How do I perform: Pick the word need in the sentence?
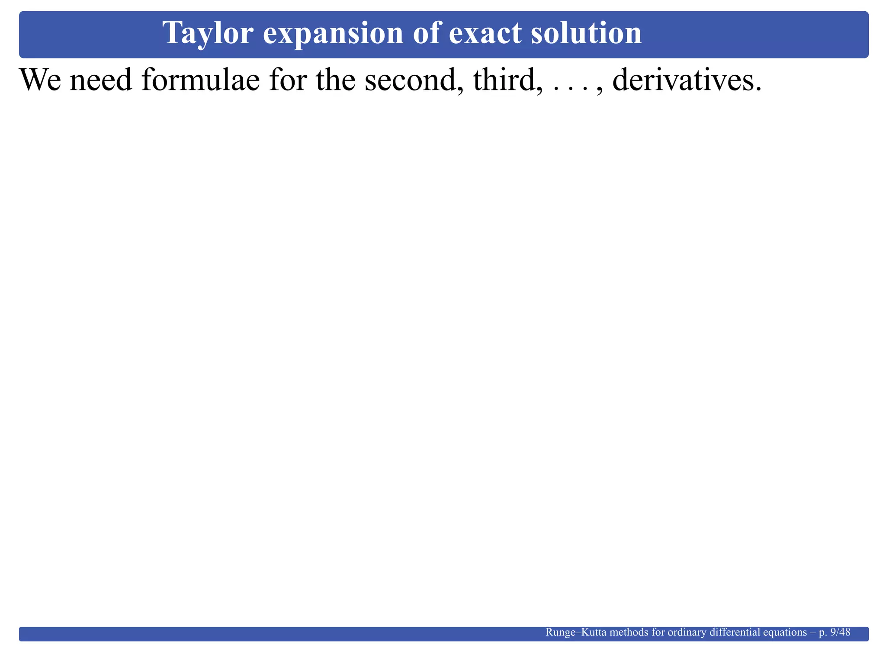pyautogui.click(x=101, y=80)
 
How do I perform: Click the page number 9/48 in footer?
pyautogui.click(x=841, y=632)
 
